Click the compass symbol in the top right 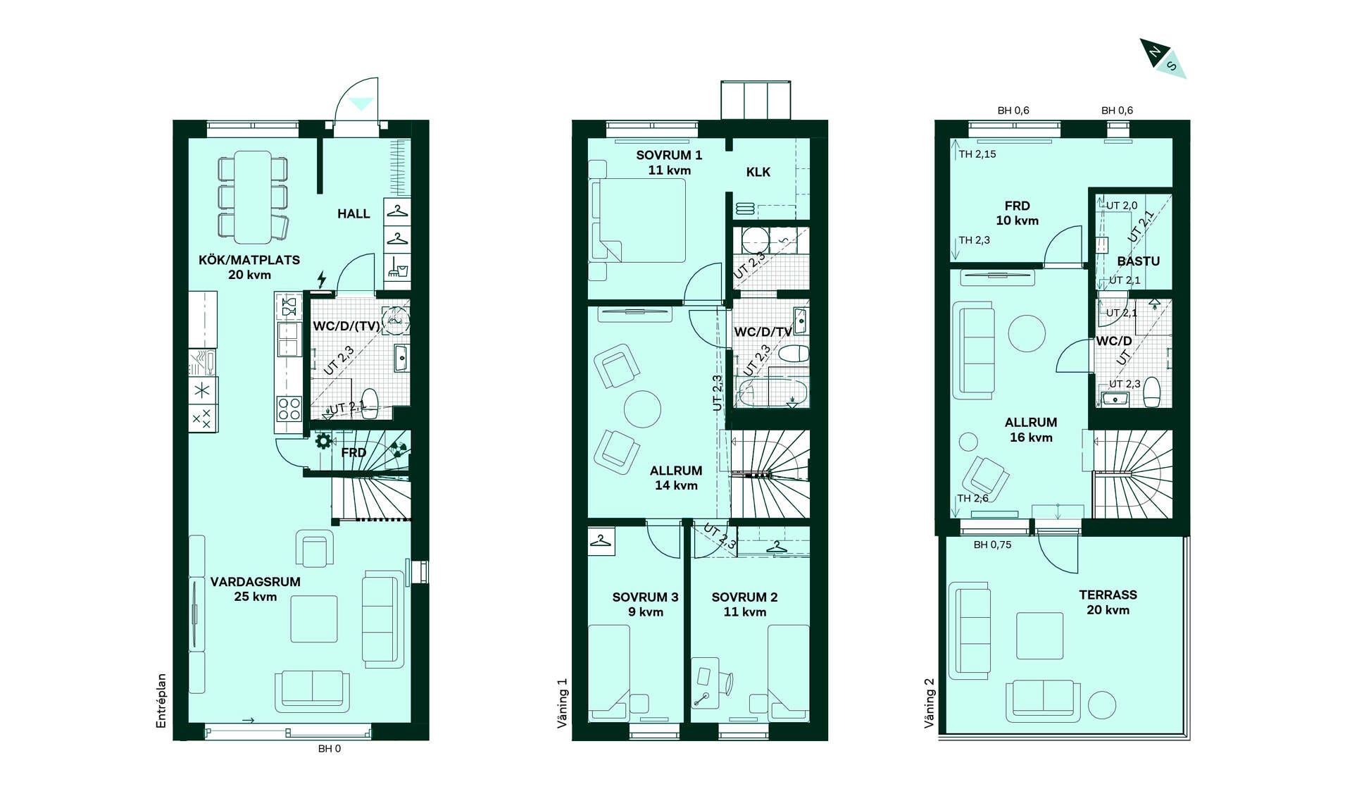point(1163,58)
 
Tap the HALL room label point(353,214)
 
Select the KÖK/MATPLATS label point(249,260)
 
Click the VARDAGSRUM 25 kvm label point(256,589)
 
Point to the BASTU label point(1138,261)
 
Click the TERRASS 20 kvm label point(1108,602)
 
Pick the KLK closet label point(758,172)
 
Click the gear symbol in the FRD point(323,442)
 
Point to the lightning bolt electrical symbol point(322,279)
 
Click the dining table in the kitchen point(253,197)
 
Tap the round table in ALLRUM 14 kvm point(642,409)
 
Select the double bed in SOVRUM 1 point(638,220)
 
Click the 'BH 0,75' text point(992,545)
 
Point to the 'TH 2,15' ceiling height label point(977,154)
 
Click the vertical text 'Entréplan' point(161,701)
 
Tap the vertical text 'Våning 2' point(930,703)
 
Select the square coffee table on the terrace point(1039,636)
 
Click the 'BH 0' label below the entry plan point(330,748)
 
